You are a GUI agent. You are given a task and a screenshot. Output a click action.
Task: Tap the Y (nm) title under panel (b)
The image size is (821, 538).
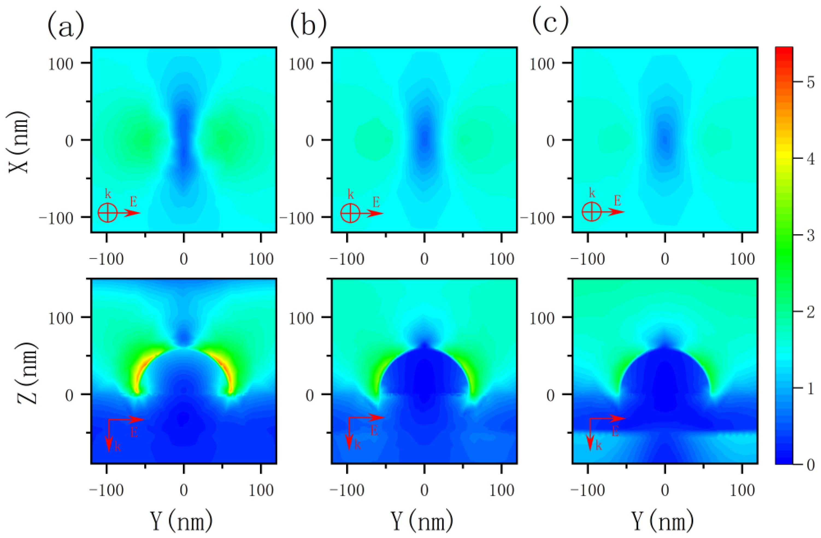422,521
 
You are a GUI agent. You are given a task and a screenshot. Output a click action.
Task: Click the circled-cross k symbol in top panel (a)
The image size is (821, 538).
108,213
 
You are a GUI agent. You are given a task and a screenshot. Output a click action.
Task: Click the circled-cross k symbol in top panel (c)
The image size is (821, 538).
592,212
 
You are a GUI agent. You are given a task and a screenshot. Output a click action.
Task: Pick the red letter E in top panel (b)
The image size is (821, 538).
376,202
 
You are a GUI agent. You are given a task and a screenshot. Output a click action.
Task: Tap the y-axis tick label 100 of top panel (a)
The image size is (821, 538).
61,64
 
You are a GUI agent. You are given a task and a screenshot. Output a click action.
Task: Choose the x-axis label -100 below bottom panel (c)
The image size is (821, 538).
587,490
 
